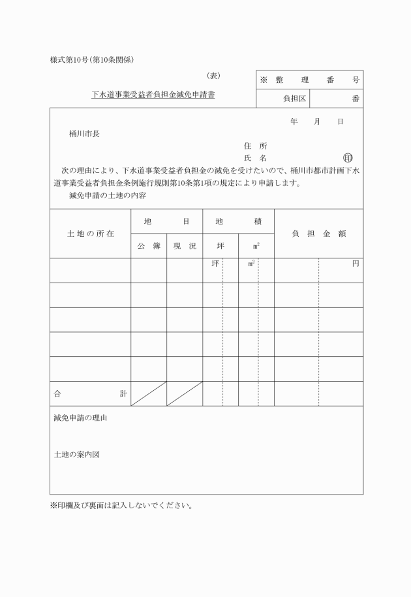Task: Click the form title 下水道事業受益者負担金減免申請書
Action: pyautogui.click(x=153, y=95)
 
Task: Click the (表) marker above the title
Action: pyautogui.click(x=213, y=76)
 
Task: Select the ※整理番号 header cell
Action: pyautogui.click(x=310, y=80)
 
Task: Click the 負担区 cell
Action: pyautogui.click(x=282, y=99)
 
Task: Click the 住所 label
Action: pyautogui.click(x=255, y=146)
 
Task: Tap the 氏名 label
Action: pyautogui.click(x=255, y=159)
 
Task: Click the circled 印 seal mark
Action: pyautogui.click(x=347, y=159)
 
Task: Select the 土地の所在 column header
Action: pyautogui.click(x=91, y=234)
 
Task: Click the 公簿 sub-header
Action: pyautogui.click(x=149, y=246)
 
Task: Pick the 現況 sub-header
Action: pyautogui.click(x=185, y=246)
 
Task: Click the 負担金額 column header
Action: pyautogui.click(x=318, y=234)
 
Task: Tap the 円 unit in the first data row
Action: pyautogui.click(x=356, y=264)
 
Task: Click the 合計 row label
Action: pyautogui.click(x=91, y=393)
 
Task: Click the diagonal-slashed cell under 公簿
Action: pyautogui.click(x=149, y=393)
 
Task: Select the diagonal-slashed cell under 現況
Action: pyautogui.click(x=185, y=393)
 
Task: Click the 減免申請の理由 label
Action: pyautogui.click(x=80, y=418)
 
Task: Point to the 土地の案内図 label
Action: pyautogui.click(x=76, y=454)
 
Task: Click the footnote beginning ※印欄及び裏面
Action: pyautogui.click(x=121, y=505)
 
